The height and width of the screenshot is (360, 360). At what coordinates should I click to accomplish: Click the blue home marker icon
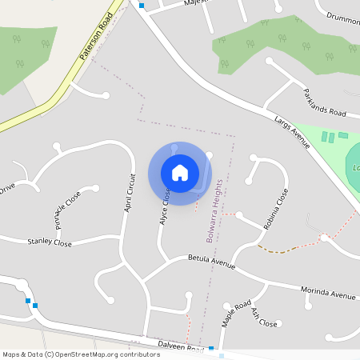[180, 173]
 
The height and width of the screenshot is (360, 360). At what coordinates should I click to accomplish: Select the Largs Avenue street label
[291, 132]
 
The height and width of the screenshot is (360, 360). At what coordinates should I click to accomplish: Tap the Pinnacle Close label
[68, 210]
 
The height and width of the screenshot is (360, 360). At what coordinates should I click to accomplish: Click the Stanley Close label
[50, 242]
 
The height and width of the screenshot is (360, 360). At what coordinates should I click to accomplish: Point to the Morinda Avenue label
[327, 294]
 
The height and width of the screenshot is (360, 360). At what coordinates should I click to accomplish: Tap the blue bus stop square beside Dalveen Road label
[211, 349]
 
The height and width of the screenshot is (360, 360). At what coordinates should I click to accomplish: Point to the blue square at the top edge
[142, 5]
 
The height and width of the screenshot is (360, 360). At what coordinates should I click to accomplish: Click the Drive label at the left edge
[6, 189]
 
